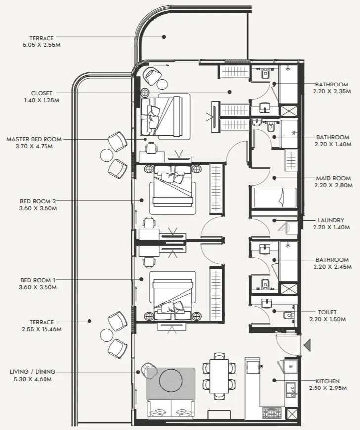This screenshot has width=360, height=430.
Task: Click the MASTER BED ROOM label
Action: [x=34, y=139]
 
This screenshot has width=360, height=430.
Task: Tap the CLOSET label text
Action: [x=42, y=93]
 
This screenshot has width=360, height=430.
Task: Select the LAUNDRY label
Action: [x=331, y=220]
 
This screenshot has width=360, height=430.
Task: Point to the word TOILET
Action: [x=327, y=312]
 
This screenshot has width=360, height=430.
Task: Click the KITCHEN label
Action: [x=327, y=381]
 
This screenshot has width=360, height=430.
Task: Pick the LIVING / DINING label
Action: [x=33, y=372]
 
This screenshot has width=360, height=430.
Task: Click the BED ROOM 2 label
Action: [x=38, y=201]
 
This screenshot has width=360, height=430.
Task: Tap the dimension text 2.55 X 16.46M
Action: [x=42, y=329]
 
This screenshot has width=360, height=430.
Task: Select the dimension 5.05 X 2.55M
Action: [x=42, y=45]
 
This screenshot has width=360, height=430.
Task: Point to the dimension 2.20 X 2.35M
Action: [x=332, y=91]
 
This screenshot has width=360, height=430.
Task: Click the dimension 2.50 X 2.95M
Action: [x=327, y=388]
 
